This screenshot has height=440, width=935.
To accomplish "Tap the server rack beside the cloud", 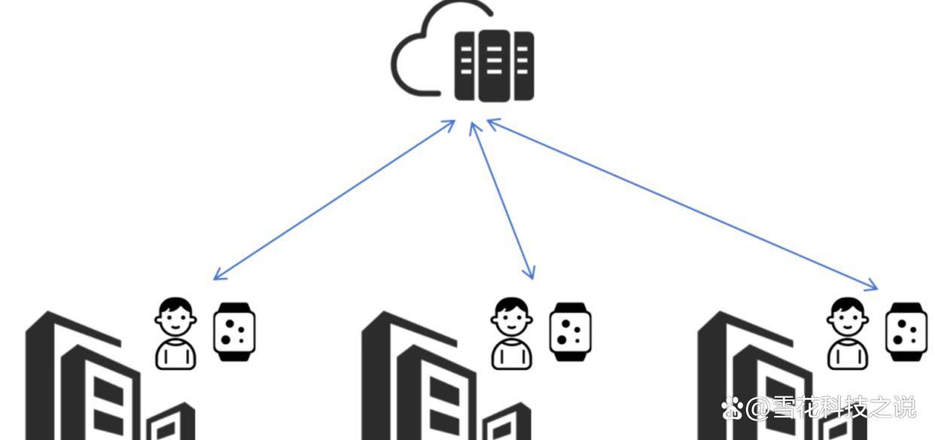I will click(x=494, y=65).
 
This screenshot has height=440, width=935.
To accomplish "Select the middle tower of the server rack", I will click(x=494, y=65).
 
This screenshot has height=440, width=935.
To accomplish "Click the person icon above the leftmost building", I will click(x=176, y=333).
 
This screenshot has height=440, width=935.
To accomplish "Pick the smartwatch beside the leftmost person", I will click(x=234, y=332).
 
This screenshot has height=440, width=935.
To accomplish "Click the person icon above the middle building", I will click(x=512, y=333).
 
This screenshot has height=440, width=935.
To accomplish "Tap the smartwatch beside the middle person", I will click(x=570, y=332).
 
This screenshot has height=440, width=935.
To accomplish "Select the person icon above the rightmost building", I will click(x=848, y=333).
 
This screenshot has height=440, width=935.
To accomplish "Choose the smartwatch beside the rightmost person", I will click(x=906, y=332).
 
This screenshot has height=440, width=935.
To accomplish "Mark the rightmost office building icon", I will click(x=760, y=376).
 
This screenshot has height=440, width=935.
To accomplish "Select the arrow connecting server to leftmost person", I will click(x=334, y=199).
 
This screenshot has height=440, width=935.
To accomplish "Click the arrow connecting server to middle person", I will click(x=502, y=200).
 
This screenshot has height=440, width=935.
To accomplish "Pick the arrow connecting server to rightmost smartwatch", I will click(x=681, y=203).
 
